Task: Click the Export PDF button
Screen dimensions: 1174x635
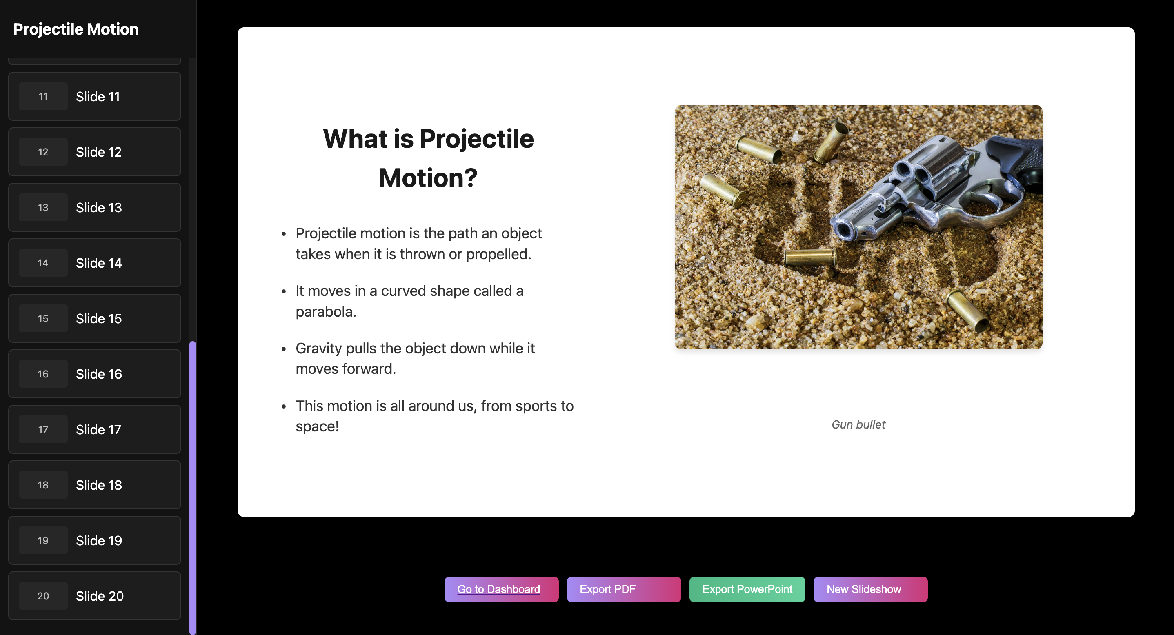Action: tap(623, 589)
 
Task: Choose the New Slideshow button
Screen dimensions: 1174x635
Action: tap(870, 589)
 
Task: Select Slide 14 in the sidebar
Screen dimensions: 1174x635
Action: tap(95, 263)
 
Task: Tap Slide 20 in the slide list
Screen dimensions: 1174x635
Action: tap(95, 596)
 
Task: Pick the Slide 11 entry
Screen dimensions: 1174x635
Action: tap(95, 97)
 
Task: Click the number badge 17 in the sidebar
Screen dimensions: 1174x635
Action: tap(43, 430)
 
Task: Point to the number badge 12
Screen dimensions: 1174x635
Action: tap(43, 152)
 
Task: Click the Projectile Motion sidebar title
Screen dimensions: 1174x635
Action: tap(76, 29)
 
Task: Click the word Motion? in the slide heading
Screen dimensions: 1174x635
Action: tap(428, 178)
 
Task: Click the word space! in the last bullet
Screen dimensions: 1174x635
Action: tap(317, 427)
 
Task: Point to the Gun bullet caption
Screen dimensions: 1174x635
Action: tap(858, 424)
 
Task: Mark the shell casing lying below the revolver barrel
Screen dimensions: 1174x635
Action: tap(810, 258)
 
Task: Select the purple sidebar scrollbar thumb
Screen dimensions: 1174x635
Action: tap(193, 487)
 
